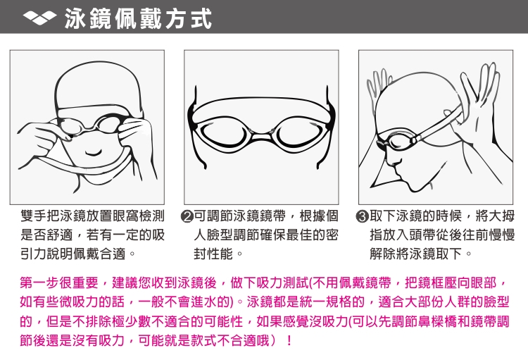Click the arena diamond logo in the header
tap(39, 17)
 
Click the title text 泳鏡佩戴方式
tap(139, 19)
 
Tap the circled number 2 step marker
tap(187, 216)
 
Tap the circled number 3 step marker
tap(362, 216)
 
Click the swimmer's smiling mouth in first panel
tap(93, 153)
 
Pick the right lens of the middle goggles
tap(298, 133)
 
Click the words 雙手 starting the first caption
tap(33, 216)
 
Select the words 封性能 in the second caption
tap(213, 254)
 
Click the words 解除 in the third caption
tap(383, 254)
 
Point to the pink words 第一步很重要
tap(59, 283)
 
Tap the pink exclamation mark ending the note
tap(289, 340)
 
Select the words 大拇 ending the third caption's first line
tap(502, 216)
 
